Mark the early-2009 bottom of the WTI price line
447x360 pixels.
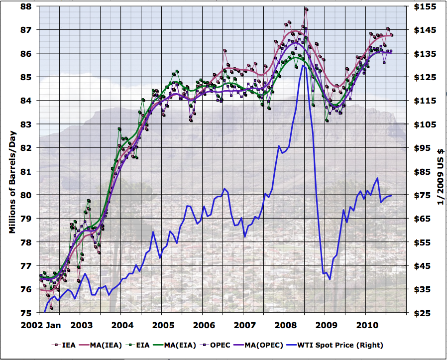click(x=330, y=279)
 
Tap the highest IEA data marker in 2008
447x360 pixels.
click(x=306, y=9)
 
